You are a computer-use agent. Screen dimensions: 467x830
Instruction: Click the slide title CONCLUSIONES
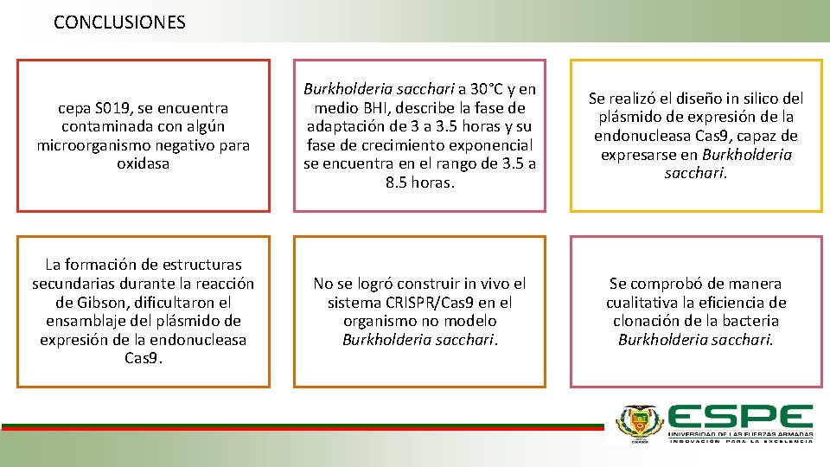[119, 22]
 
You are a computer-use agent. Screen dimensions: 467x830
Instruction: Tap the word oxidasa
[144, 163]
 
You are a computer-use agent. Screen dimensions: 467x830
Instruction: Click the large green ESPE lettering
[740, 417]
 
